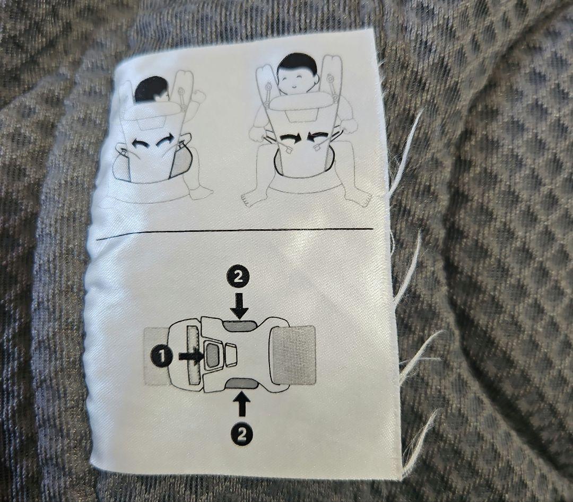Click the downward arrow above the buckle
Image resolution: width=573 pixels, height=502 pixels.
coord(239,305)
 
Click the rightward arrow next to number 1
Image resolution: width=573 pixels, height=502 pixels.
coord(190,356)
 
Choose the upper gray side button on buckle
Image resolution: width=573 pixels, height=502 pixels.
coord(240,325)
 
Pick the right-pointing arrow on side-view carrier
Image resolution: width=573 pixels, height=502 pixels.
coord(166,141)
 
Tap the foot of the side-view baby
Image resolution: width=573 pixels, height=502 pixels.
coord(200,193)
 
